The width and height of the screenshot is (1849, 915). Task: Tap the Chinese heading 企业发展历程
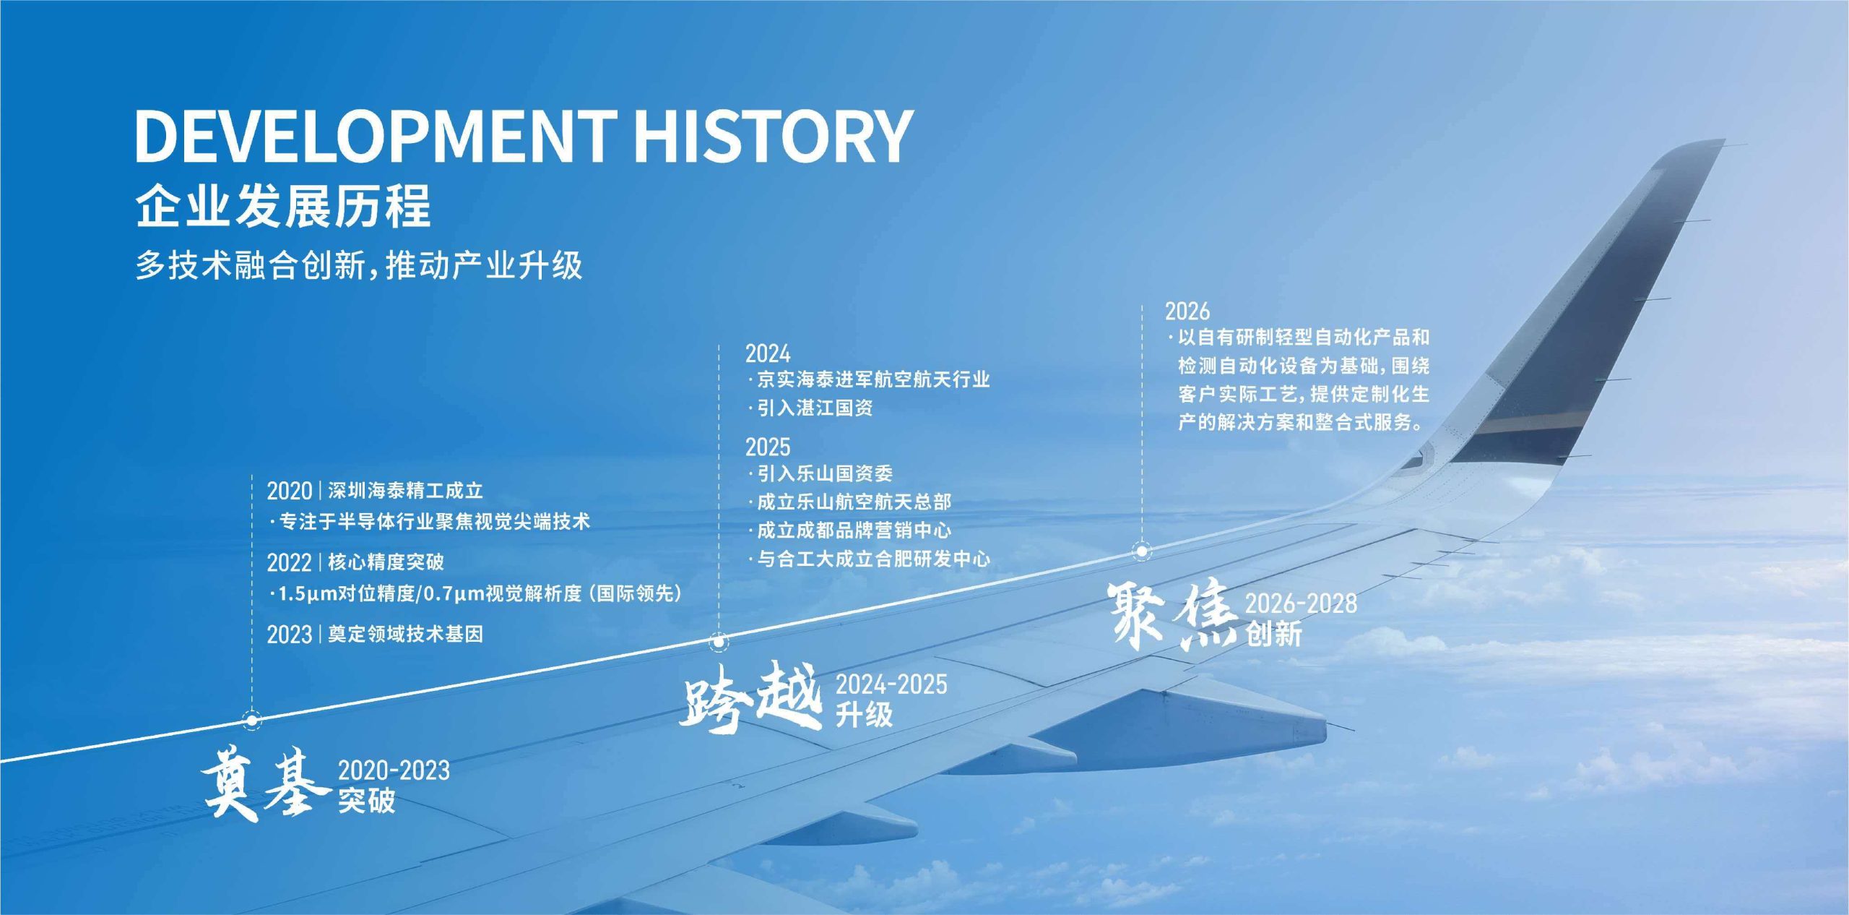point(282,206)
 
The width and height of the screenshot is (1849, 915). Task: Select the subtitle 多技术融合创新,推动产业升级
point(359,265)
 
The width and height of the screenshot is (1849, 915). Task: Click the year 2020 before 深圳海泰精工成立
point(289,491)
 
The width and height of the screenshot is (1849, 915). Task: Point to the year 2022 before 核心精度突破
point(289,562)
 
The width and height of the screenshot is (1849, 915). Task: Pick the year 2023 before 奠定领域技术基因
point(289,635)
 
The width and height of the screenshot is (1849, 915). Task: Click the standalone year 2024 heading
point(768,353)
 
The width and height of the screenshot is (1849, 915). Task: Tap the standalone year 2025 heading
point(768,447)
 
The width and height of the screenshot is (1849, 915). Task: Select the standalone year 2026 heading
point(1187,311)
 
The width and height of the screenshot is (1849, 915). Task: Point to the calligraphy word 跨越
point(751,697)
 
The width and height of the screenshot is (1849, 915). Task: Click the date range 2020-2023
point(394,770)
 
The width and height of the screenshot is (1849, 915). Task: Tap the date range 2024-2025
point(891,684)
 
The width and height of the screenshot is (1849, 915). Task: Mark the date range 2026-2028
point(1301,603)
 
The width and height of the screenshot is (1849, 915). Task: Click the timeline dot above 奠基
point(252,720)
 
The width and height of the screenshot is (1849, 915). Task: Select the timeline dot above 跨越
point(719,641)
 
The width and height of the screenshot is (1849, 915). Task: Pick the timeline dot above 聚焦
point(1142,551)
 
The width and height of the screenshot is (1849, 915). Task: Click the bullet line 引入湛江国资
point(811,408)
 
